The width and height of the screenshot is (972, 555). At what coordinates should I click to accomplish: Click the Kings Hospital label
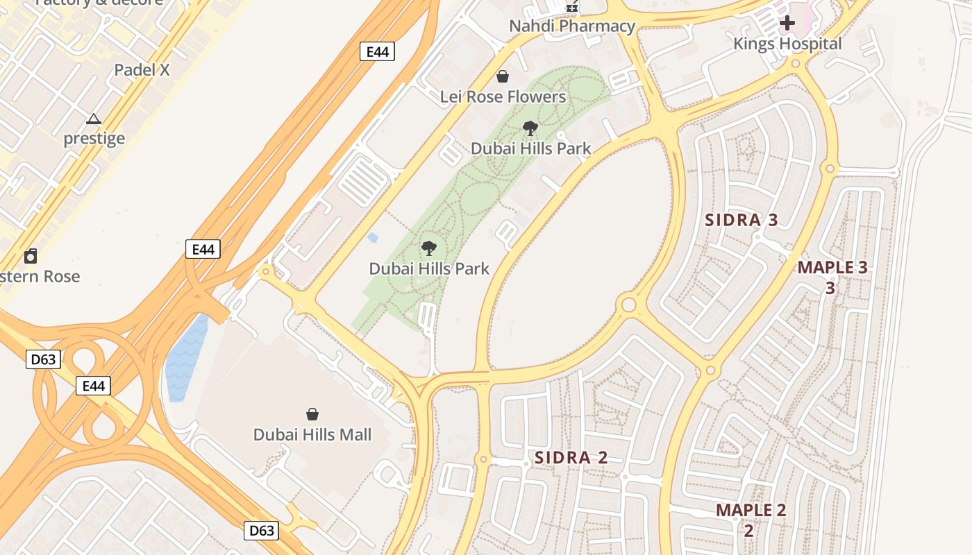[x=787, y=44]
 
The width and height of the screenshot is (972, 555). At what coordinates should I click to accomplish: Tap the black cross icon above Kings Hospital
[x=787, y=24]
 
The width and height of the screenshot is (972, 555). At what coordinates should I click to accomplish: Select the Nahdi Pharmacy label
[x=572, y=26]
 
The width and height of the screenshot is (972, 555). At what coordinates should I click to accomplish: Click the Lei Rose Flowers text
[x=503, y=96]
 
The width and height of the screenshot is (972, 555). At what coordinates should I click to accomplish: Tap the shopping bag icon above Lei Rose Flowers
[x=502, y=76]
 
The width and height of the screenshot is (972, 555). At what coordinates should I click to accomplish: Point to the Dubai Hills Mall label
[x=312, y=435]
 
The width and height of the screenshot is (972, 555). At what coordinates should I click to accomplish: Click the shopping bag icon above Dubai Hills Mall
[x=312, y=414]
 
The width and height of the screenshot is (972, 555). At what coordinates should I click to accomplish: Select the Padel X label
[x=142, y=70]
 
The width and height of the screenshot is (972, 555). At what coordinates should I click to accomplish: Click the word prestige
[x=94, y=138]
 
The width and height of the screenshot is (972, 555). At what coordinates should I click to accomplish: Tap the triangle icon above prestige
[x=94, y=119]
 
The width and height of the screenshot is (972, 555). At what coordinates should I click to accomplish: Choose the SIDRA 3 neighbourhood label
[x=741, y=221]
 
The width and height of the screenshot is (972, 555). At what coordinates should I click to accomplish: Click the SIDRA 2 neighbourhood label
[x=571, y=458]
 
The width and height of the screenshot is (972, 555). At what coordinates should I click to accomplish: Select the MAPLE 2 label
[x=751, y=511]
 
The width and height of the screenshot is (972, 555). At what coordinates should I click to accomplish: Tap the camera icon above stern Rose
[x=31, y=257]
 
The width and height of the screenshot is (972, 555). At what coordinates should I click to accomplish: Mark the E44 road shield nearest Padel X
[x=377, y=51]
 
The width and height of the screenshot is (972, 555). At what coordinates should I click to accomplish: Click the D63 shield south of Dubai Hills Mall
[x=262, y=531]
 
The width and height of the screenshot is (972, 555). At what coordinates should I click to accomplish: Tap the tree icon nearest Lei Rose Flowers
[x=530, y=128]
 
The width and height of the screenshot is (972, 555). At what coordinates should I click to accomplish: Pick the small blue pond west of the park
[x=373, y=238]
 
